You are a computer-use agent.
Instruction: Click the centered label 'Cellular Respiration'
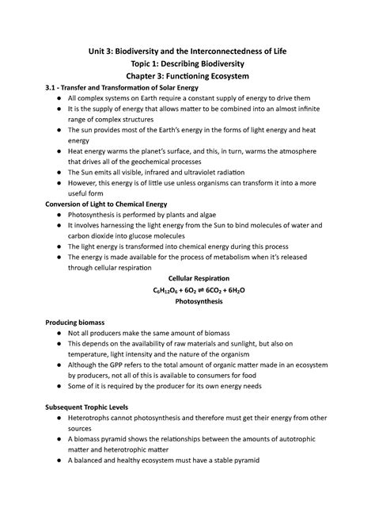188,279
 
